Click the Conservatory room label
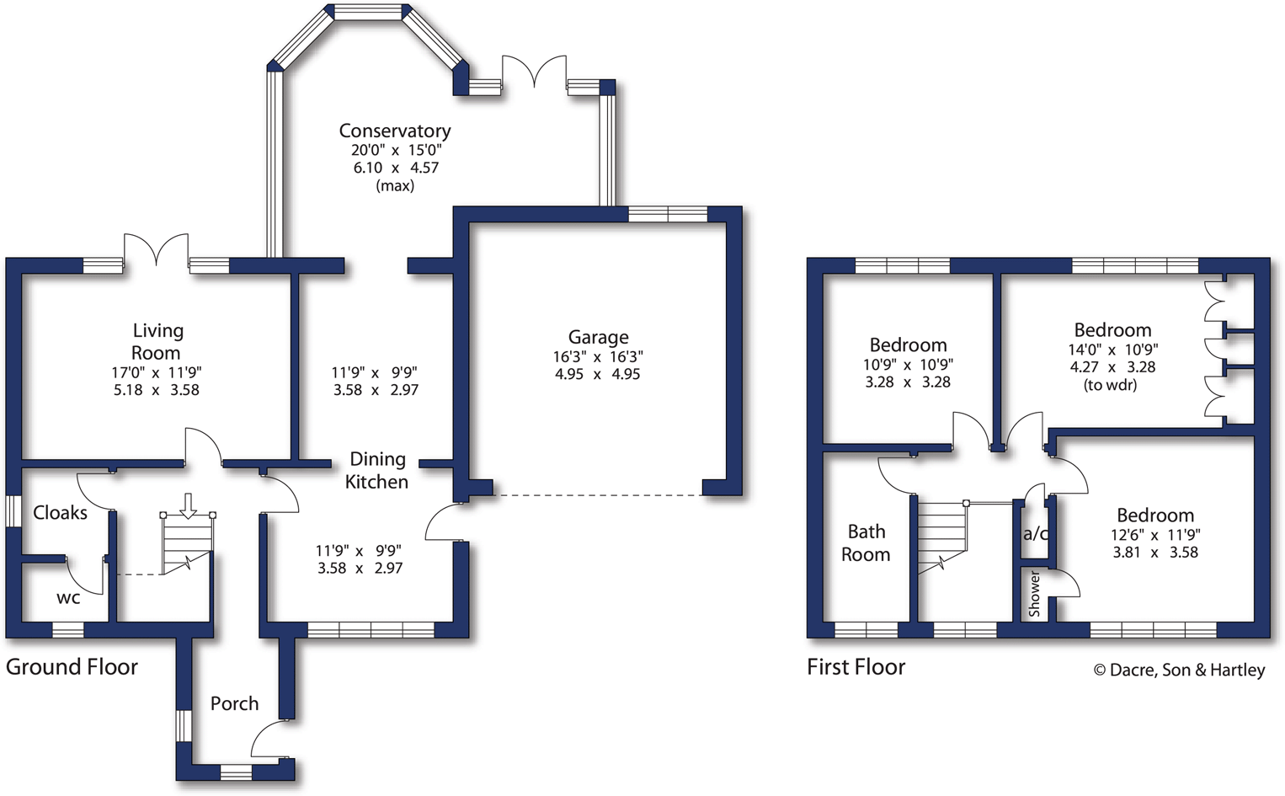[395, 131]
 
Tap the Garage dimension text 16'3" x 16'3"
[598, 356]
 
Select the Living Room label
[157, 341]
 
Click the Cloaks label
[60, 512]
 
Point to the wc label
[68, 598]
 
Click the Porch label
[234, 703]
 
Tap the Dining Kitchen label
[377, 470]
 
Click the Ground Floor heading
[72, 667]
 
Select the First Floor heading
[856, 667]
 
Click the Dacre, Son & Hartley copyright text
[1179, 670]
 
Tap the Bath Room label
[866, 542]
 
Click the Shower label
[1035, 594]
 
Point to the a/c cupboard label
[1035, 534]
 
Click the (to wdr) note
[1110, 385]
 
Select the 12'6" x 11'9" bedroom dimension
[1155, 534]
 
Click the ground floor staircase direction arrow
[189, 505]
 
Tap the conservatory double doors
[534, 72]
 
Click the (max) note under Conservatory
[395, 185]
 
